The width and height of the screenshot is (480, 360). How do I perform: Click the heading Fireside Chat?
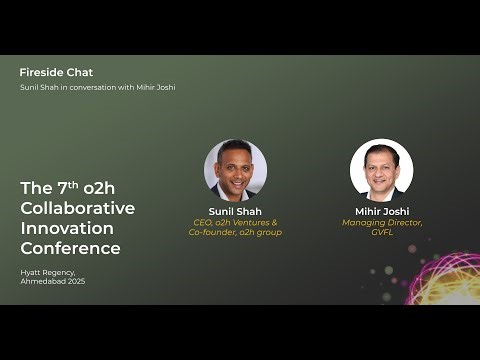[x=56, y=72]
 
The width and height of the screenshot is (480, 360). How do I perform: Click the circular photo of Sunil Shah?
[x=235, y=170]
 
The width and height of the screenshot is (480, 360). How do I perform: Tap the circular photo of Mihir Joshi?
[x=381, y=170]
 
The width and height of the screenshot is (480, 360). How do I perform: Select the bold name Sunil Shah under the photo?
[x=235, y=211]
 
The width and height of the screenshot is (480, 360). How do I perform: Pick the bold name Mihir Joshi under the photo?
[x=382, y=211]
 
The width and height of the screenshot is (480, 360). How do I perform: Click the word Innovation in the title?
[x=68, y=228]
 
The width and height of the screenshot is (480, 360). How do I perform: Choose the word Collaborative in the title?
[x=77, y=207]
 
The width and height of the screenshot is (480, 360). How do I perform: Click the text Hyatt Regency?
[x=47, y=272]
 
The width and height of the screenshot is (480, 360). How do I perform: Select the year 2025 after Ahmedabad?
[x=73, y=281]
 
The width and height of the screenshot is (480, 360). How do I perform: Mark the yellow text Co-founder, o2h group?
[x=235, y=232]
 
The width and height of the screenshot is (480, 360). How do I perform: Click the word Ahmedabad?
[x=41, y=281]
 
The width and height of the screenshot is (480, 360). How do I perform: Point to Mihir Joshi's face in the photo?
[x=382, y=165]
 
